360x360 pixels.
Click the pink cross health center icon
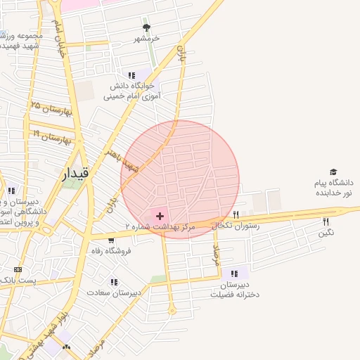point(160,215)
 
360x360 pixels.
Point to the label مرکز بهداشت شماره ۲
point(157,226)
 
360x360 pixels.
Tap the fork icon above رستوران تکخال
point(236,214)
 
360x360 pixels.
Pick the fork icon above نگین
point(326,222)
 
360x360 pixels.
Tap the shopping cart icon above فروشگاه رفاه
point(111,241)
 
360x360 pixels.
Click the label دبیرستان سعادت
point(114,292)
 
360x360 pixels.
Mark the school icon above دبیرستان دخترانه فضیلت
point(234,274)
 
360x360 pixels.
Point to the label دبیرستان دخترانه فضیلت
point(235,290)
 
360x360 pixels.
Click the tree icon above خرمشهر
point(146,28)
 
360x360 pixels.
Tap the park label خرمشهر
point(147,38)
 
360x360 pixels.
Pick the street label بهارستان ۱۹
point(51,135)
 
